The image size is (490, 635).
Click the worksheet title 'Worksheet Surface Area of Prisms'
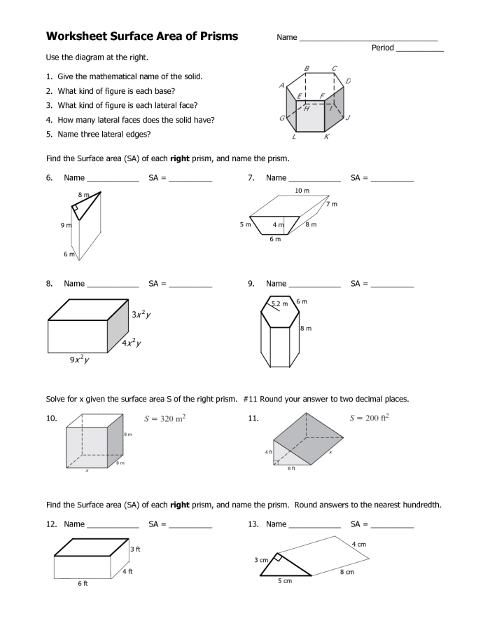[142, 36]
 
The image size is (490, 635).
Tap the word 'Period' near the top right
[383, 48]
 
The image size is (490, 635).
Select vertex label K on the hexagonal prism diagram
[326, 138]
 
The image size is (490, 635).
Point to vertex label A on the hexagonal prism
[281, 86]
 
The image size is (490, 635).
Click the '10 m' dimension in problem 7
[302, 191]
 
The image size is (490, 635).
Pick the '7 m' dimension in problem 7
[331, 204]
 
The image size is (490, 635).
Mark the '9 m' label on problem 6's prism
[66, 225]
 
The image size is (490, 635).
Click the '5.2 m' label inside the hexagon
[279, 303]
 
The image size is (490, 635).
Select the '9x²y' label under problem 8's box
[78, 360]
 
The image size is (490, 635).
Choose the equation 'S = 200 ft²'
[369, 418]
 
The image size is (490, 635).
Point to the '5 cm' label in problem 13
[284, 582]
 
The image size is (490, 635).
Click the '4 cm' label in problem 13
[358, 544]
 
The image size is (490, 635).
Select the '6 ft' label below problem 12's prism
[83, 583]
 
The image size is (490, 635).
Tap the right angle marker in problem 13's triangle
[278, 558]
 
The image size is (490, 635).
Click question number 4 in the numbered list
[49, 120]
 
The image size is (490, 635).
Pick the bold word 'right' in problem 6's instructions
[180, 159]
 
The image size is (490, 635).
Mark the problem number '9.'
[251, 284]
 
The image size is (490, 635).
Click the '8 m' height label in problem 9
[306, 328]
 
